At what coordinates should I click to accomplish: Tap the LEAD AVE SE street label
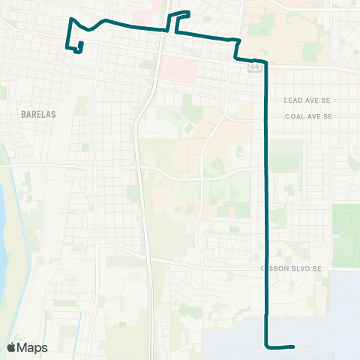click(x=307, y=100)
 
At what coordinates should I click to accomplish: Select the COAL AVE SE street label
click(x=307, y=116)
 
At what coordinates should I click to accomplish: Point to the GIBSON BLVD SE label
click(x=291, y=268)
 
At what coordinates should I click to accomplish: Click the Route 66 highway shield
click(x=256, y=67)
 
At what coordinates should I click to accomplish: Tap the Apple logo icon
click(x=12, y=347)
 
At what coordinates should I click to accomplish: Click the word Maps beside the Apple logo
click(x=33, y=347)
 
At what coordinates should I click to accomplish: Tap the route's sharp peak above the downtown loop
click(x=70, y=19)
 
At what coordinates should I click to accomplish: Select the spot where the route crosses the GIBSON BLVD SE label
click(x=268, y=268)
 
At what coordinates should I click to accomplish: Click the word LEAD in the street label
click(x=292, y=100)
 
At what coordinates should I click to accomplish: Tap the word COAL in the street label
click(x=293, y=116)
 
